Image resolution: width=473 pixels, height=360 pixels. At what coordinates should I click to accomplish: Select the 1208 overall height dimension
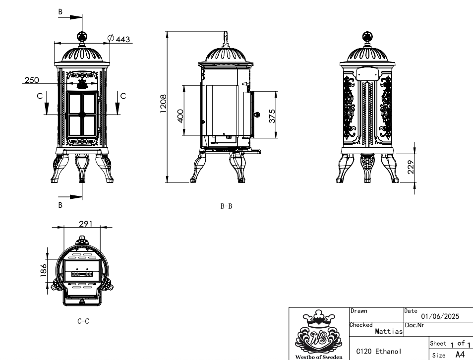[x=163, y=104]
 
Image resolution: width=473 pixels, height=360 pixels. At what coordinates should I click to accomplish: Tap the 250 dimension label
[x=32, y=80]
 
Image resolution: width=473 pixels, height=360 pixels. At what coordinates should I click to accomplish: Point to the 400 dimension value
[x=180, y=116]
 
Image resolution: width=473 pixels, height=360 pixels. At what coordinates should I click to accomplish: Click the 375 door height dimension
[x=272, y=116]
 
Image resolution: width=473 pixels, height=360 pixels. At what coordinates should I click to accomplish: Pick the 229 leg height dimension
[x=411, y=167]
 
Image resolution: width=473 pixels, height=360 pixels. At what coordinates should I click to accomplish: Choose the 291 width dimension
[x=86, y=224]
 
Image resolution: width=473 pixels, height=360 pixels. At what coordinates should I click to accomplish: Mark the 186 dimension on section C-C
[x=44, y=270]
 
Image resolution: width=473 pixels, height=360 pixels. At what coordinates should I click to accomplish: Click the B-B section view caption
[x=226, y=206]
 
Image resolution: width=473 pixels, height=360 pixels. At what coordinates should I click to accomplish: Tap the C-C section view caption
[x=83, y=321]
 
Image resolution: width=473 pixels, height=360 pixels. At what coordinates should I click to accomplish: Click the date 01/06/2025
[x=440, y=316]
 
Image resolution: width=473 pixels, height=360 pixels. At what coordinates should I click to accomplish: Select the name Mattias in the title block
[x=389, y=331]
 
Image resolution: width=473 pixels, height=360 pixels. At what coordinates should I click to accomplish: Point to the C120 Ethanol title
[x=379, y=351]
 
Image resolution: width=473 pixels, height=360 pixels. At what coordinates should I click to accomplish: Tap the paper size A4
[x=460, y=354]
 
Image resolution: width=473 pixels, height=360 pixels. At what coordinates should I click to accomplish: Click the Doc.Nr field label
[x=414, y=325]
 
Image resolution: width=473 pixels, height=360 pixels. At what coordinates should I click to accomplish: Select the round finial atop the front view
[x=82, y=37]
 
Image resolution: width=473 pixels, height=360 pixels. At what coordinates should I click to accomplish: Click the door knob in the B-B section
[x=257, y=115]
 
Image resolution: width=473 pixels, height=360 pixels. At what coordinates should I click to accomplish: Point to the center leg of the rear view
[x=367, y=168]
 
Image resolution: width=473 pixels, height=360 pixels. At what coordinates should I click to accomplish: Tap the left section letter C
[x=40, y=96]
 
